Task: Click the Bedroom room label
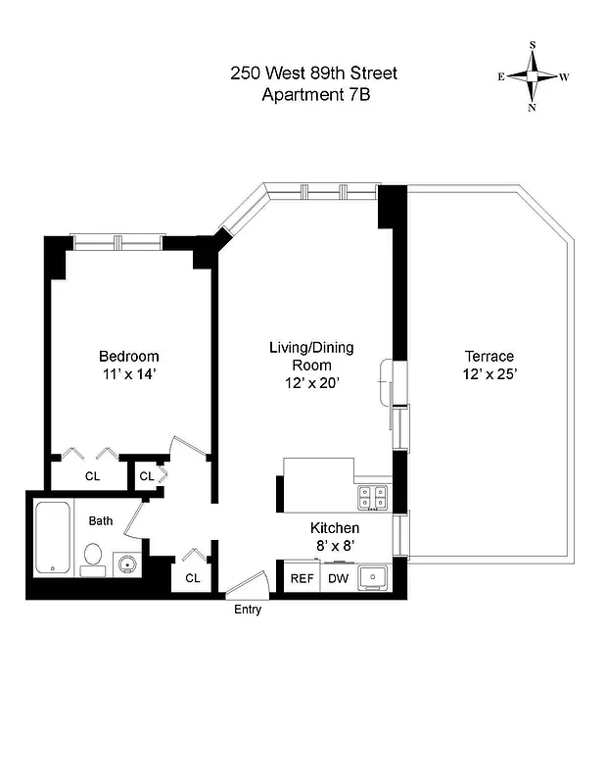[128, 357]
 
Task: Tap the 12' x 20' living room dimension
[311, 384]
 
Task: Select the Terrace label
[489, 357]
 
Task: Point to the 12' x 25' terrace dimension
[489, 374]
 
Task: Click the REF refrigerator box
[302, 578]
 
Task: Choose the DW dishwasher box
[338, 578]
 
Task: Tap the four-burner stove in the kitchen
[374, 498]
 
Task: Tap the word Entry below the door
[247, 610]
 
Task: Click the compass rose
[534, 75]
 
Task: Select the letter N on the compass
[533, 108]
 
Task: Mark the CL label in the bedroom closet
[92, 476]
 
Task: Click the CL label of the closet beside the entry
[193, 578]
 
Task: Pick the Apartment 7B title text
[314, 95]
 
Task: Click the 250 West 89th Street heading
[314, 73]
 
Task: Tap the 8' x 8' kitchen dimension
[336, 545]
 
